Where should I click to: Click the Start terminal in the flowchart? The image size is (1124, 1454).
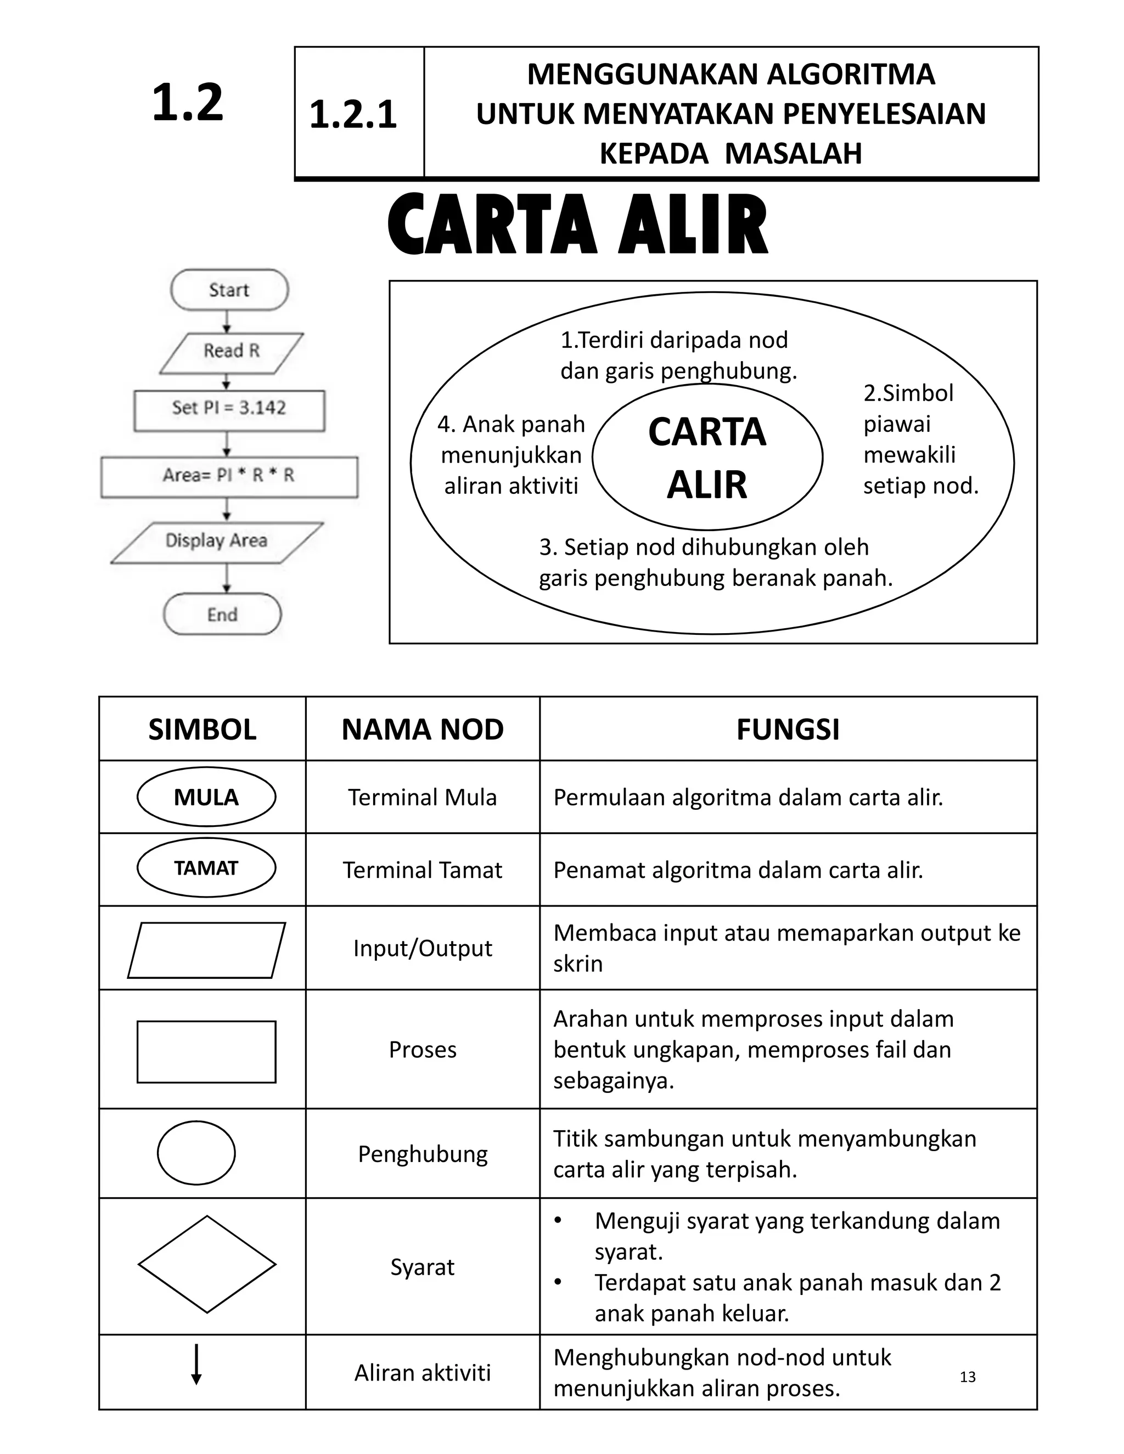pos(229,290)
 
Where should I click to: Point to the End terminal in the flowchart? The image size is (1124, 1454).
pos(222,615)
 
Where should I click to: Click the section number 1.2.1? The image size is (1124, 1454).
pos(353,115)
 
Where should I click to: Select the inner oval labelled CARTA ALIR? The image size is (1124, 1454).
pos(707,458)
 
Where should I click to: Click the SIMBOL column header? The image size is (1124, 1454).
pos(203,730)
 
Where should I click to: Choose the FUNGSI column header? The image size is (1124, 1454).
pos(788,730)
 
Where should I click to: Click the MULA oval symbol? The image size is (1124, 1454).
pos(206,797)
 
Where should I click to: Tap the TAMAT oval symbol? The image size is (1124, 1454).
pos(206,868)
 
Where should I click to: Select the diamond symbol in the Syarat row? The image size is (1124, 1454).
pos(206,1265)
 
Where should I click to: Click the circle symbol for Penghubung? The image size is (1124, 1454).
pos(196,1153)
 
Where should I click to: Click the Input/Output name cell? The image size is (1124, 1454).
pos(423,948)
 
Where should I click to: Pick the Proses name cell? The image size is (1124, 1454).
pos(423,1050)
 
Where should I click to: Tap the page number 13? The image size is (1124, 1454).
pos(968,1377)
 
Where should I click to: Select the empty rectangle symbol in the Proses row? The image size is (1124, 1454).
pos(206,1052)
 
